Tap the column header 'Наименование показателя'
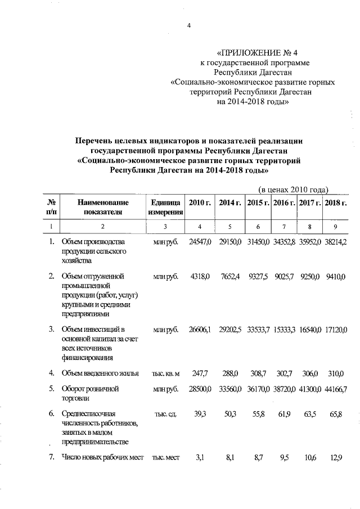point(103,207)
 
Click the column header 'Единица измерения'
point(165,207)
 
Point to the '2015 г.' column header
point(258,202)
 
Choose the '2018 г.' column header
point(336,202)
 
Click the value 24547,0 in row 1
point(200,242)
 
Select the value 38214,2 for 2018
point(336,242)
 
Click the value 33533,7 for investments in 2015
point(259,329)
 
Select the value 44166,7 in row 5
point(336,389)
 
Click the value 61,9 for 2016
point(285,414)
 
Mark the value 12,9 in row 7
point(337,458)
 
